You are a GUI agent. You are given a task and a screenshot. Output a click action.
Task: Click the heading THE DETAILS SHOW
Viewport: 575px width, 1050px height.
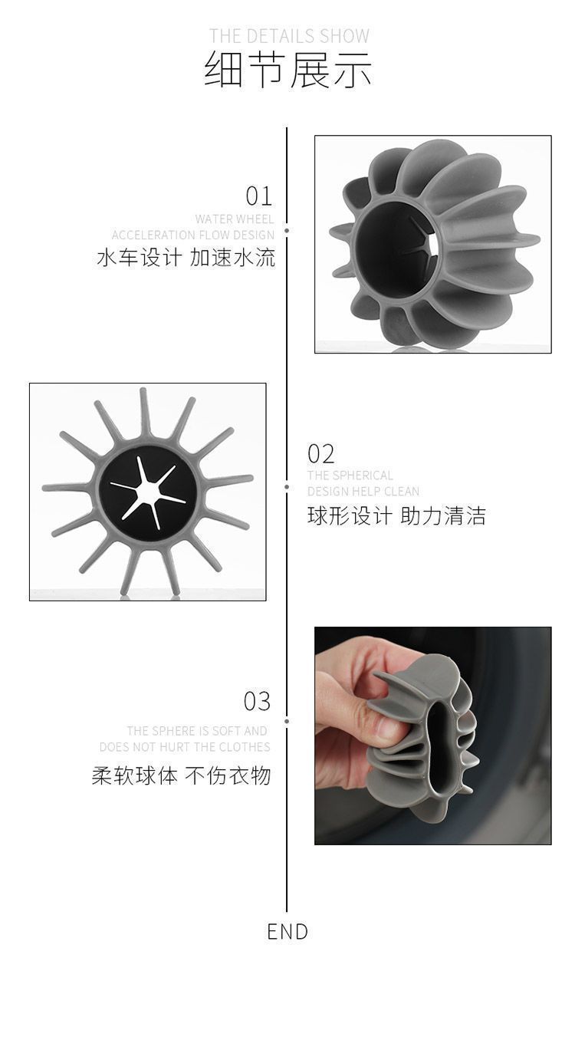(x=289, y=36)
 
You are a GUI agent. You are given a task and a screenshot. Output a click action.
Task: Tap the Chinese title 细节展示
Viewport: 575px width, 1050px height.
(x=287, y=71)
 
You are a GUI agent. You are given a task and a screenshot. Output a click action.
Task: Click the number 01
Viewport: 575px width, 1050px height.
(x=258, y=196)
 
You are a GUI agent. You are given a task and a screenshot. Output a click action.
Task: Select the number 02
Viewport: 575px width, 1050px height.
(x=321, y=454)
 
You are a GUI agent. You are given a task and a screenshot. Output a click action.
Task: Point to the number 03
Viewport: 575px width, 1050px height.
(x=257, y=701)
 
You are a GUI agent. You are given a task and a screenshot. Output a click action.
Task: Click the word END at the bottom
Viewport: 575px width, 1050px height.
(x=287, y=931)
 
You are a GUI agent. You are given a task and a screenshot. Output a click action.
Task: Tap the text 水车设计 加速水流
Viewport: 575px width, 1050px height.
(x=186, y=258)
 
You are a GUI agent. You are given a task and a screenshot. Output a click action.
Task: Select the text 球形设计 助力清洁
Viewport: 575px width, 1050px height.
(x=396, y=515)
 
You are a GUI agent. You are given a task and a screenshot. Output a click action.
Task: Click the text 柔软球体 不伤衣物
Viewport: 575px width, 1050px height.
(x=182, y=775)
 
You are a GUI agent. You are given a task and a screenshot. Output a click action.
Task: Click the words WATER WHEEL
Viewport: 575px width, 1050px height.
(x=235, y=219)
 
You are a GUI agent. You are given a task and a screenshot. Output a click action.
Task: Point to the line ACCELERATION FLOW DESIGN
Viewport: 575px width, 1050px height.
(x=192, y=235)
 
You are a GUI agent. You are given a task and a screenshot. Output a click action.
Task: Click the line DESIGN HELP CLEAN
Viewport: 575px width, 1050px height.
(x=363, y=491)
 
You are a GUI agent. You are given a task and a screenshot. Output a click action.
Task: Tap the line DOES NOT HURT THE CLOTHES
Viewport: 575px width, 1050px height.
(x=185, y=747)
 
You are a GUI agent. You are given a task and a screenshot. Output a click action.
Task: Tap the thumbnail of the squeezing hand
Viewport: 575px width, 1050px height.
(x=432, y=736)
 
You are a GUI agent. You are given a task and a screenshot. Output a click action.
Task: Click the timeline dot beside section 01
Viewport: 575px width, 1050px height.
(x=287, y=231)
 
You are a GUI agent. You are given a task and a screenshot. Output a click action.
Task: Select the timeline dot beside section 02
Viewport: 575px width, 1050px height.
(x=287, y=487)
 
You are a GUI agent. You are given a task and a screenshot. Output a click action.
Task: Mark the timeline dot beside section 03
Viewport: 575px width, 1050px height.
(x=287, y=721)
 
